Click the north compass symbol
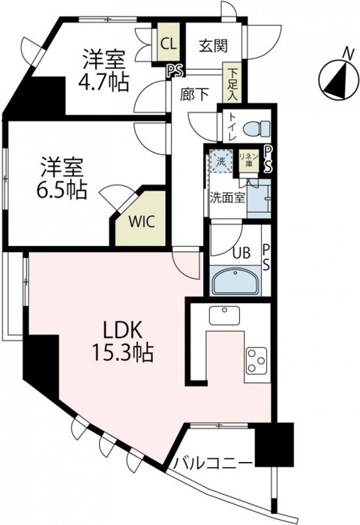tap(336, 77)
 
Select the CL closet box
tap(169, 44)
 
